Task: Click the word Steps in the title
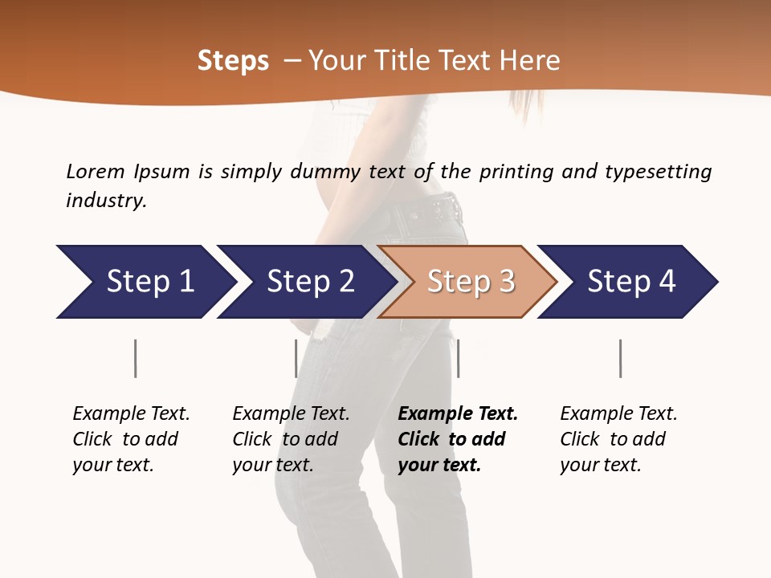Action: click(233, 61)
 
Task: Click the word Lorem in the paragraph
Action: click(95, 172)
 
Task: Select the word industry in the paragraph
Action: click(106, 201)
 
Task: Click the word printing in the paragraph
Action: click(512, 172)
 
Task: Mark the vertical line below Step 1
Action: click(135, 358)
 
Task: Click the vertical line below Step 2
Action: click(296, 358)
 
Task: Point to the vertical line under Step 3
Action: click(458, 358)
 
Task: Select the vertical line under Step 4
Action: click(620, 358)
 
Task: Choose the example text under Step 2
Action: click(290, 439)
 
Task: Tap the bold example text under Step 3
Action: click(457, 439)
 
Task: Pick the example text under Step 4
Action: click(618, 439)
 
